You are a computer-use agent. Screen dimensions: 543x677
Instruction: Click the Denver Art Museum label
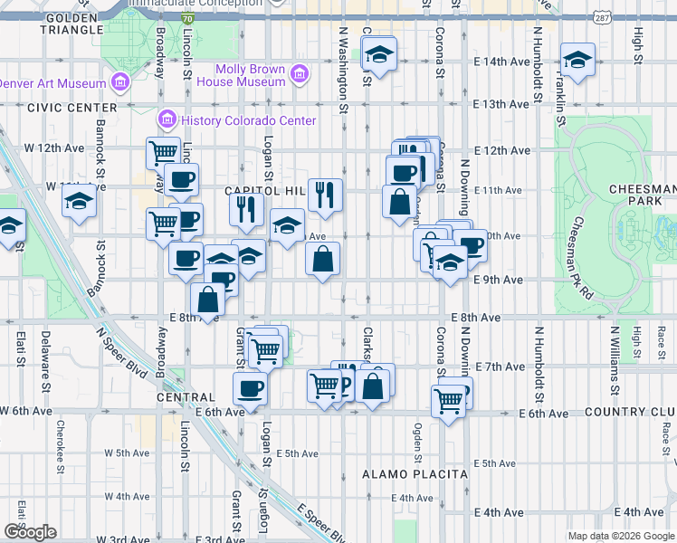pos(52,83)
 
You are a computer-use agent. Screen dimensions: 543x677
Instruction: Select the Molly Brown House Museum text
pos(251,75)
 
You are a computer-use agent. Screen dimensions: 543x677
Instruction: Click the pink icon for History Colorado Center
pos(167,119)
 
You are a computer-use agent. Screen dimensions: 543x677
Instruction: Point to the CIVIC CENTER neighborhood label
pos(67,107)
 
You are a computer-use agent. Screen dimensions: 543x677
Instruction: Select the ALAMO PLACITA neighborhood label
pos(415,474)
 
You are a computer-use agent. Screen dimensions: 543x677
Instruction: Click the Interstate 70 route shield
pos(186,17)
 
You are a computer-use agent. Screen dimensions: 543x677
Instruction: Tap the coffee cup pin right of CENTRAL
pos(250,388)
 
